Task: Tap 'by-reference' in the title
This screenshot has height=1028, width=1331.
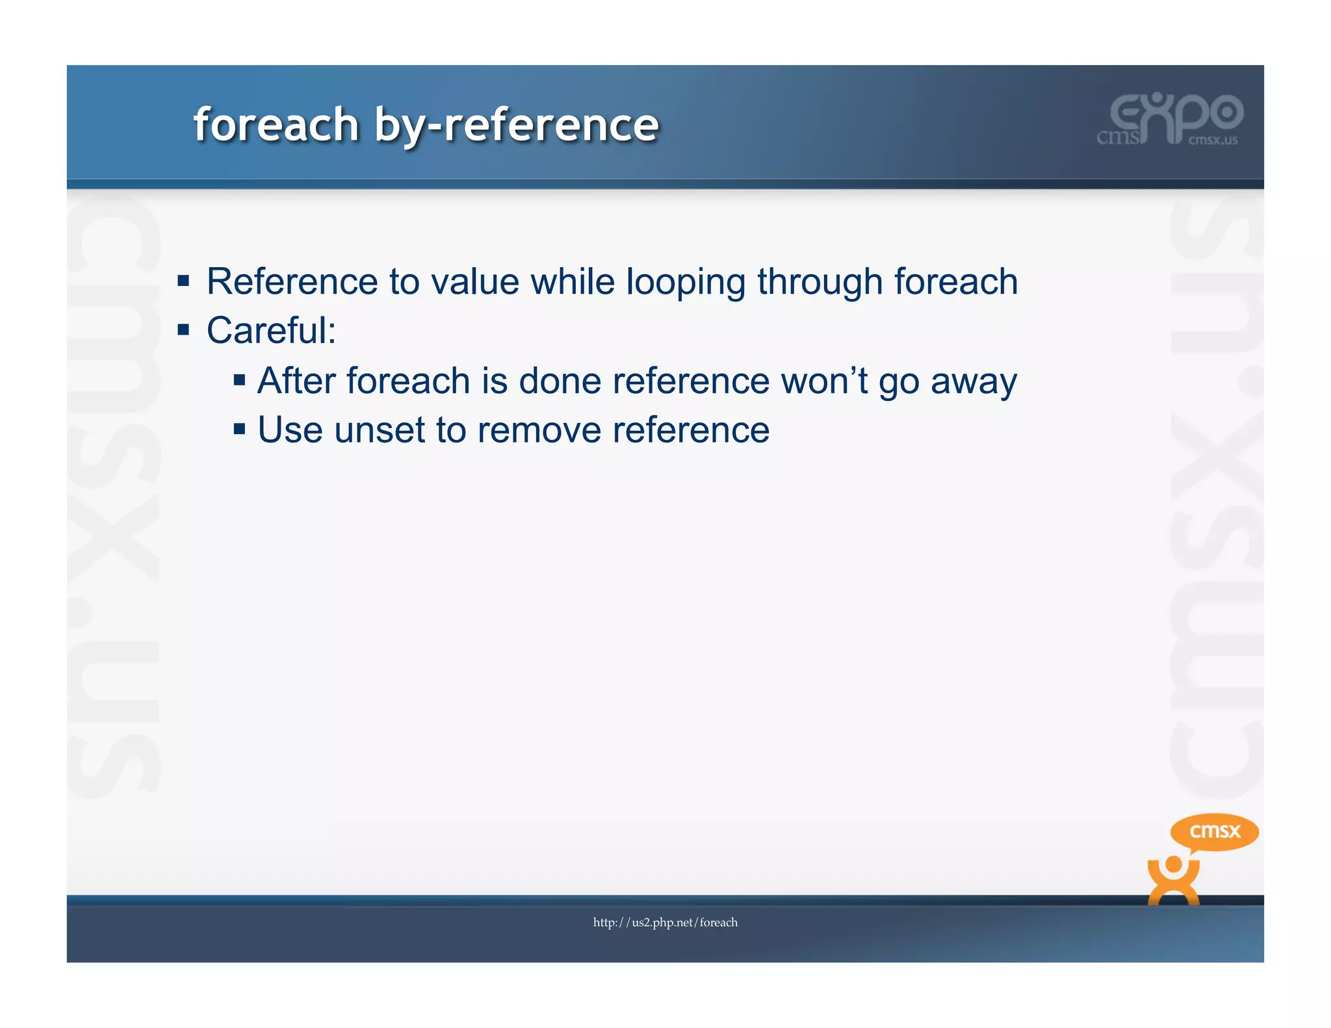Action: [517, 125]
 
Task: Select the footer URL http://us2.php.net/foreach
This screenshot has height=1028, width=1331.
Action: [665, 922]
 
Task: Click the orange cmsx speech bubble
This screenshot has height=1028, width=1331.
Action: [1214, 831]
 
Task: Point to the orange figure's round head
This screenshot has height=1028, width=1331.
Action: [1173, 865]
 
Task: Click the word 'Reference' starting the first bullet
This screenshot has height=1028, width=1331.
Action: [292, 282]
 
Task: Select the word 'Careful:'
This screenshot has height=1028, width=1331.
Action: [271, 331]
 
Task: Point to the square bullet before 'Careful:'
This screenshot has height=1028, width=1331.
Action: [183, 330]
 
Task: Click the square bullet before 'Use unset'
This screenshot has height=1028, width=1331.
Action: [239, 429]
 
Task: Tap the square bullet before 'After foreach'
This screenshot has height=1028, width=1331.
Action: [239, 379]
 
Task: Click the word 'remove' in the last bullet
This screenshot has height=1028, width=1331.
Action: [539, 430]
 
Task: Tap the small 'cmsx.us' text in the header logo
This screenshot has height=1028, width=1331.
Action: [1213, 140]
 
